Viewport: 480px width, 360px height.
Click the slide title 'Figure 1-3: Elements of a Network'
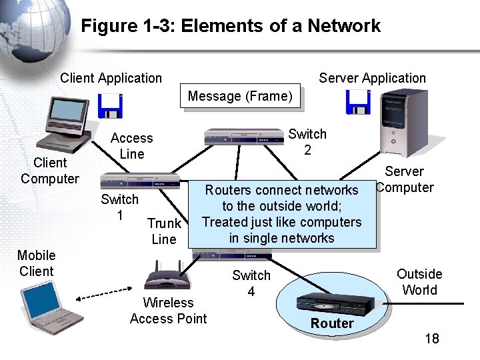pyautogui.click(x=231, y=26)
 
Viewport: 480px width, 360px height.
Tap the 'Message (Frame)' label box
pyautogui.click(x=240, y=97)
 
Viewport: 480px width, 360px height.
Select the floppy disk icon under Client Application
pyautogui.click(x=110, y=105)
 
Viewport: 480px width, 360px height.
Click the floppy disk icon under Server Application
pyautogui.click(x=357, y=102)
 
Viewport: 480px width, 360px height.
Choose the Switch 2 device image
pyautogui.click(x=243, y=137)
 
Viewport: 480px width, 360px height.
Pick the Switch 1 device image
pyautogui.click(x=140, y=181)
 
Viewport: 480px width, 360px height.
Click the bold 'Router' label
pyautogui.click(x=332, y=324)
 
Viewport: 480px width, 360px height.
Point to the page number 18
pyautogui.click(x=431, y=339)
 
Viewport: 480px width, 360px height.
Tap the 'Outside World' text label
pyautogui.click(x=419, y=282)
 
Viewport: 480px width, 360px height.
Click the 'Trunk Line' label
pyautogui.click(x=164, y=231)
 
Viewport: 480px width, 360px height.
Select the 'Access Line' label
pyautogui.click(x=131, y=146)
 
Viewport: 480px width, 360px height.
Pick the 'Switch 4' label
pyautogui.click(x=251, y=283)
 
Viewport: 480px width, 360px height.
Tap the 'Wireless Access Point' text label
pyautogui.click(x=168, y=311)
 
